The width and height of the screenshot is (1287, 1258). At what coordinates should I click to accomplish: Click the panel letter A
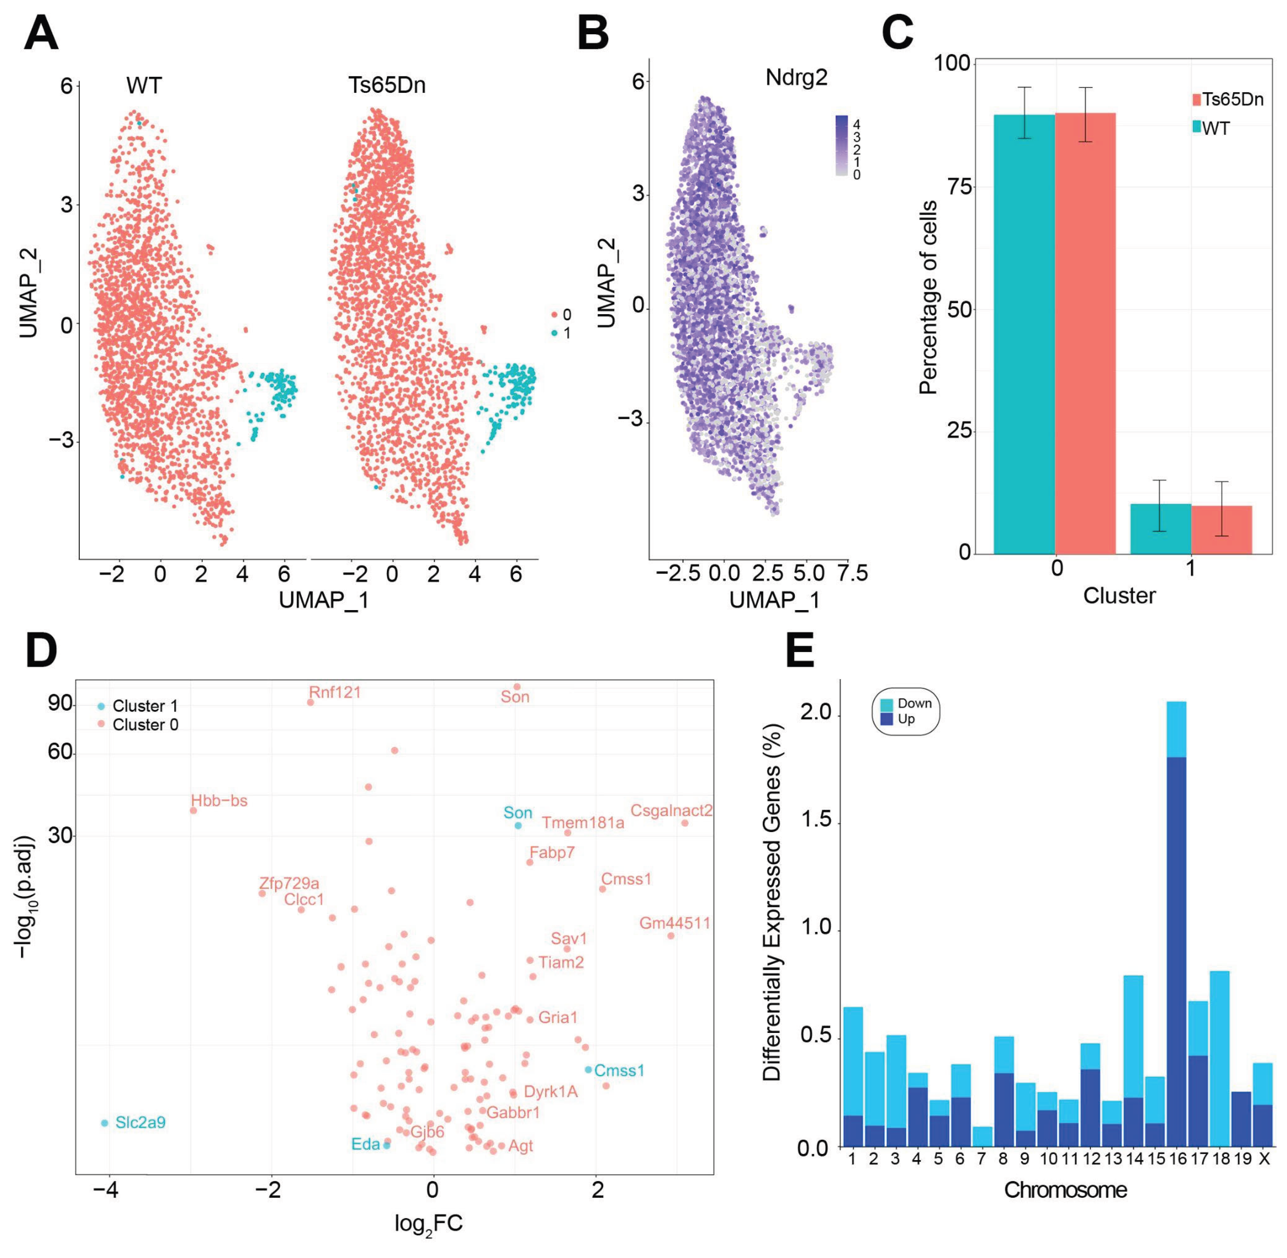(x=41, y=34)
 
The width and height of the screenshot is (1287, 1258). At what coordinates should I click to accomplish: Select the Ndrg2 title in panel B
(x=796, y=78)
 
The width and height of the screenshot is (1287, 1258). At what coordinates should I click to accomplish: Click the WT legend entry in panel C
(x=1214, y=128)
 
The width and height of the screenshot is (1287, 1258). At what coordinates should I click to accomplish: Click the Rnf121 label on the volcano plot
(x=335, y=693)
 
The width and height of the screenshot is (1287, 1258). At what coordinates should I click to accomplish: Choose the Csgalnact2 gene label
(x=671, y=810)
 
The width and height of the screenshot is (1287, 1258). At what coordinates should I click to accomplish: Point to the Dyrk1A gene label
(x=550, y=1091)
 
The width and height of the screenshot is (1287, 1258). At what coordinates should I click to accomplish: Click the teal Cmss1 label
(x=619, y=1070)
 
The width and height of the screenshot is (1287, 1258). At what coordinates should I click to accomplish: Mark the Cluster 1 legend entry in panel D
(x=145, y=706)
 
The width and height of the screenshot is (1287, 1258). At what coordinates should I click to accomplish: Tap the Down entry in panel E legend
(x=914, y=703)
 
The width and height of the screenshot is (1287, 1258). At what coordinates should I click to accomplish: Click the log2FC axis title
(x=429, y=1224)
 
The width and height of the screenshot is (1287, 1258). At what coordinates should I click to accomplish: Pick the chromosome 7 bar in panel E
(x=982, y=1137)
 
